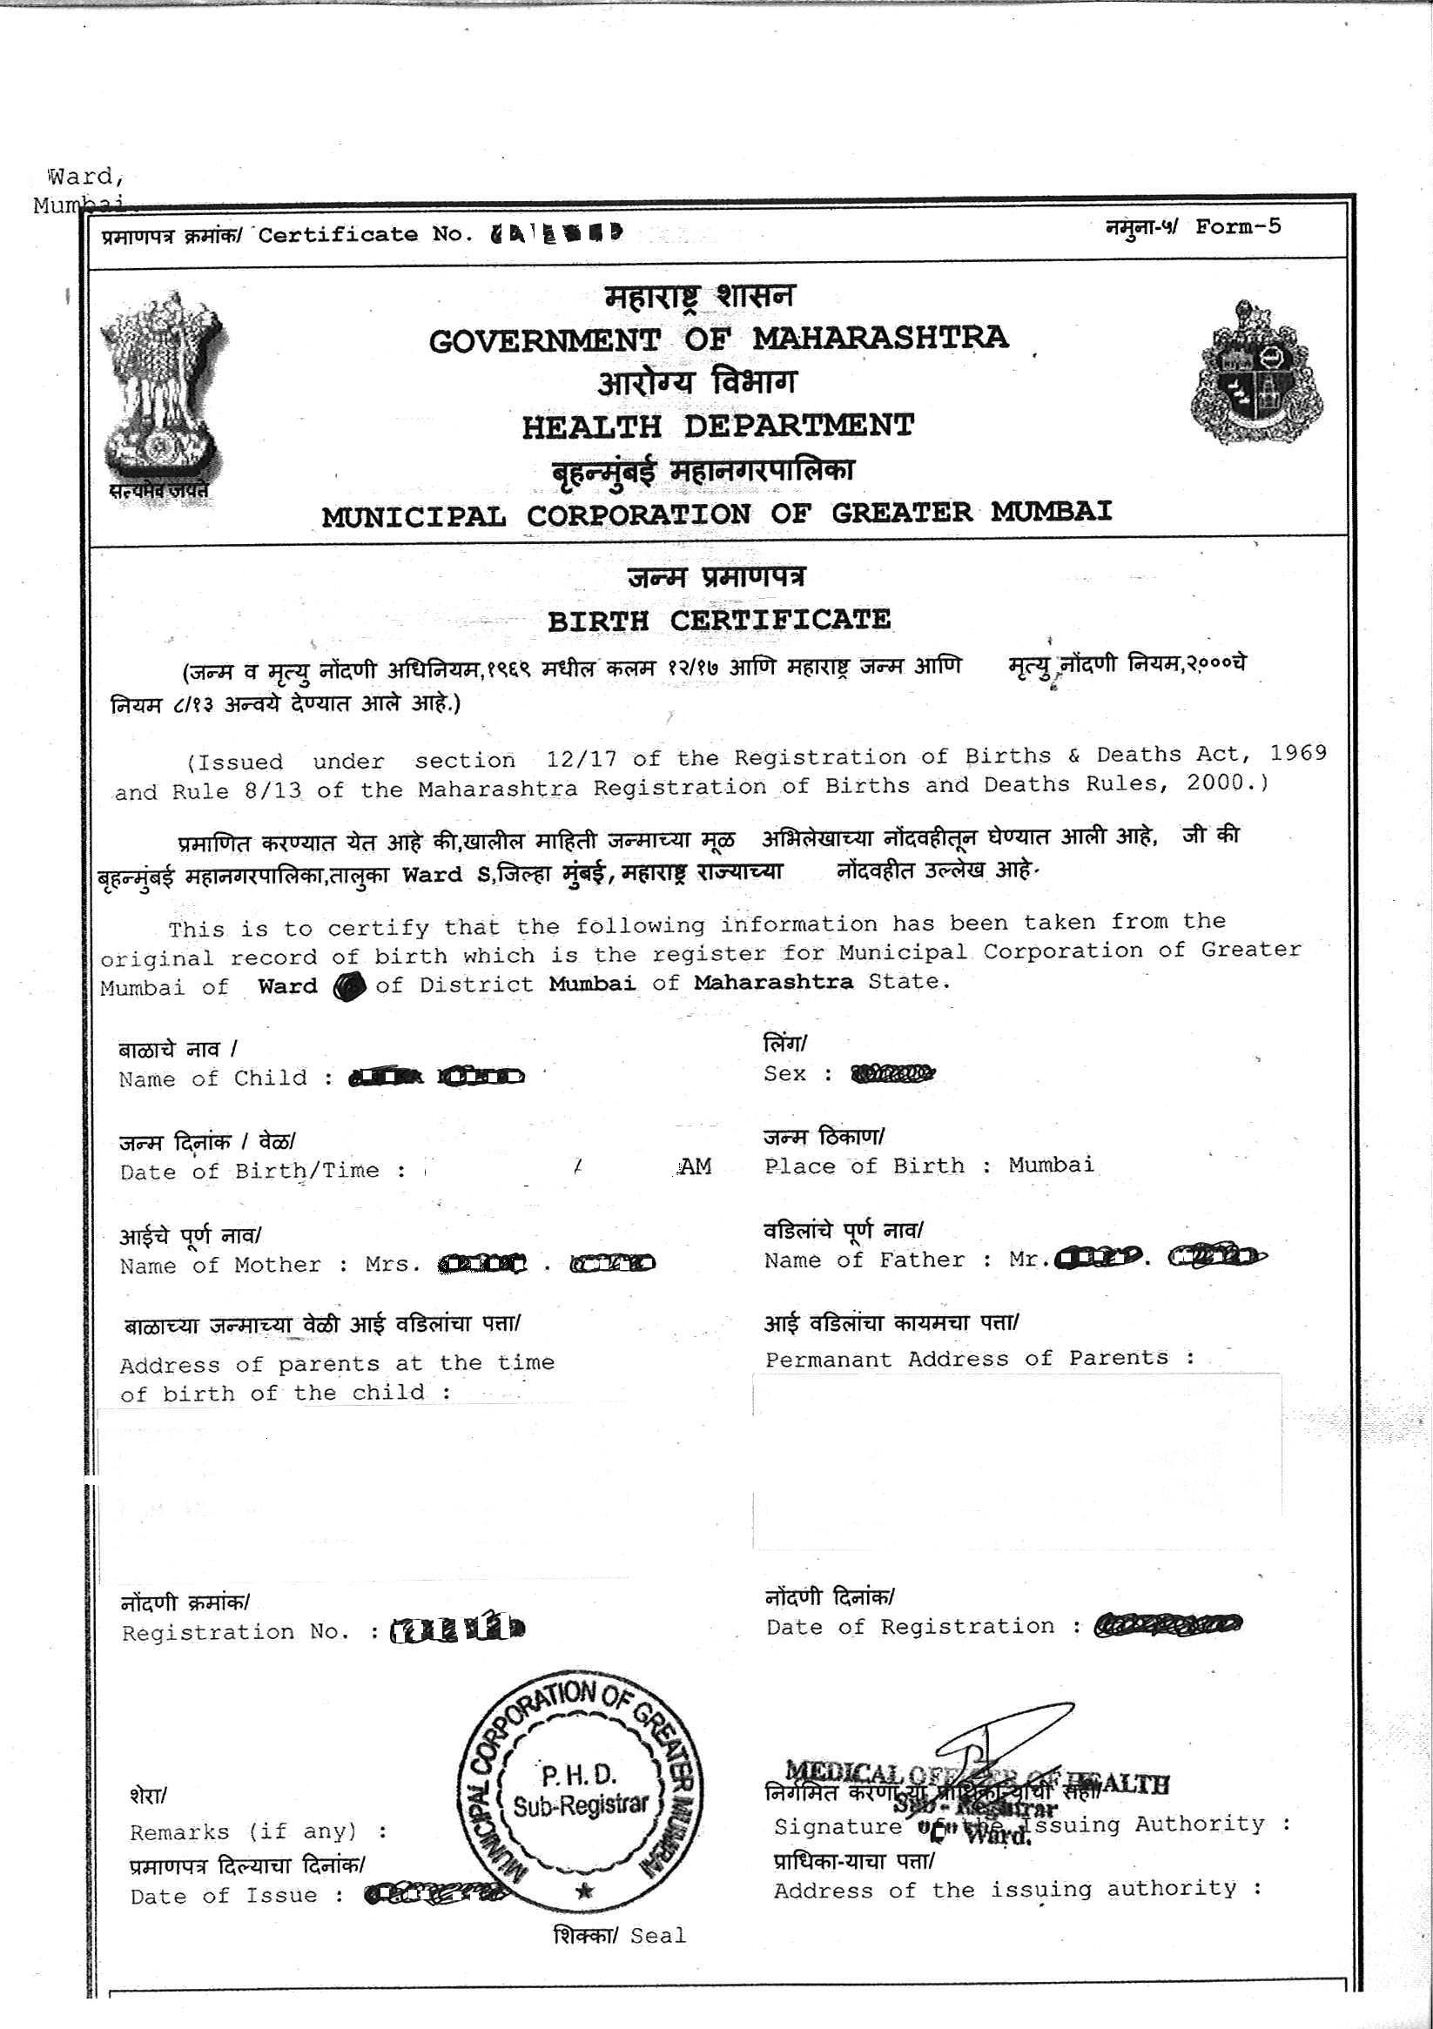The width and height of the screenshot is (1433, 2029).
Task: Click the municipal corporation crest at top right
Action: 1256,374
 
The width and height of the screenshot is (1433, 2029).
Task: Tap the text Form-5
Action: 1237,227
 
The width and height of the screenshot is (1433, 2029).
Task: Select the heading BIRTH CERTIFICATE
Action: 719,620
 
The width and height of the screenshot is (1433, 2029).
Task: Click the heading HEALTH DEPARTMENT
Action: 717,427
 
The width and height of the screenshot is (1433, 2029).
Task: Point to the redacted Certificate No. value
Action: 555,233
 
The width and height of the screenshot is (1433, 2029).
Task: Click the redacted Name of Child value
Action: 437,1077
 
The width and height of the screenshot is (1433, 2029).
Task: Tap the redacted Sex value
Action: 891,1074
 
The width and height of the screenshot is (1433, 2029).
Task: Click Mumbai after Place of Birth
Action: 1050,1165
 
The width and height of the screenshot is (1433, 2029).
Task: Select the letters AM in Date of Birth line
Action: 695,1167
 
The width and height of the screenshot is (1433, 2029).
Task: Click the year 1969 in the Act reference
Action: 1298,753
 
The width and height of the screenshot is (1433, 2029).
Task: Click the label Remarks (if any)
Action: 243,1832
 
